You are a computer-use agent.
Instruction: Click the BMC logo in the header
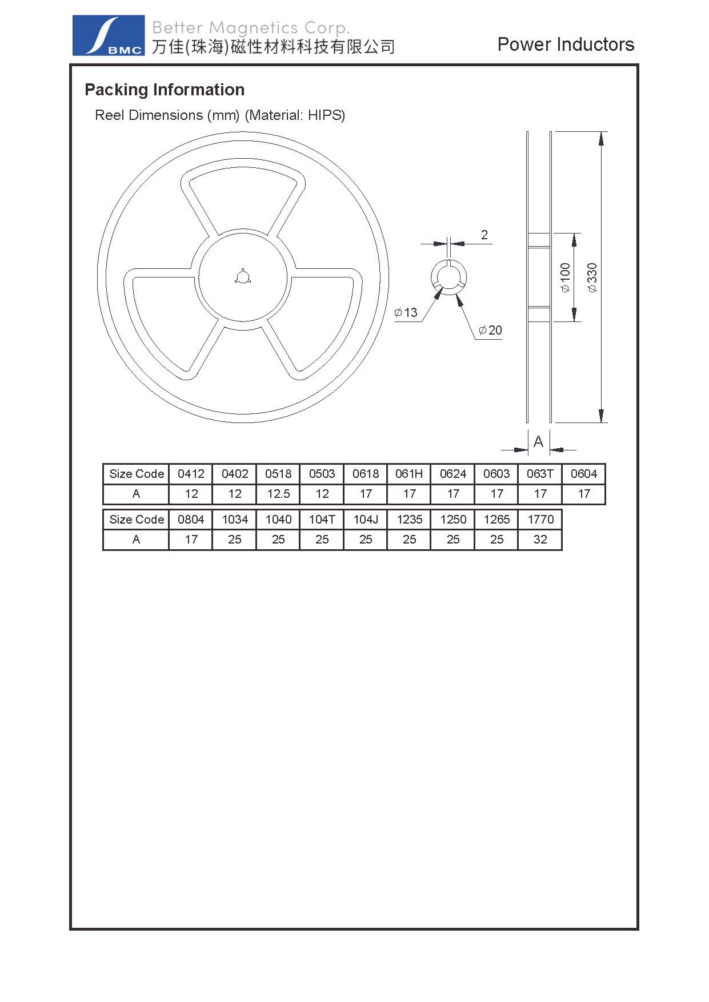pyautogui.click(x=109, y=35)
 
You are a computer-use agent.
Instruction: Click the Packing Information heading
pyautogui.click(x=165, y=90)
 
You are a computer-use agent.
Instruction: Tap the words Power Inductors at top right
pyautogui.click(x=566, y=45)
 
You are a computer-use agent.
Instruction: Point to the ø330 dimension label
pyautogui.click(x=592, y=277)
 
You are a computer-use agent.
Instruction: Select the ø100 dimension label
pyautogui.click(x=565, y=277)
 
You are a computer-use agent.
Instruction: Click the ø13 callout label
pyautogui.click(x=406, y=312)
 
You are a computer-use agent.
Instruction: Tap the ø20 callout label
pyautogui.click(x=490, y=330)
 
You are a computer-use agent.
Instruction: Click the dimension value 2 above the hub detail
pyautogui.click(x=484, y=235)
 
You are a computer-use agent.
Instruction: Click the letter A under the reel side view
pyautogui.click(x=538, y=441)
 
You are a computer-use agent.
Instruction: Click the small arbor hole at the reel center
pyautogui.click(x=242, y=277)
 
